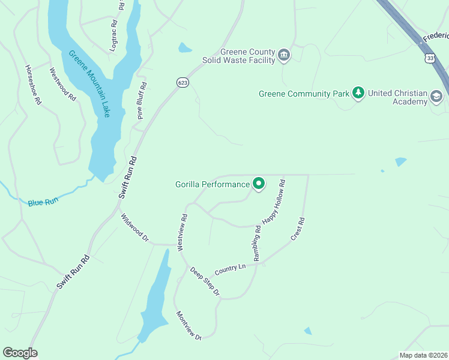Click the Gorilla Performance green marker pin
(x=259, y=184)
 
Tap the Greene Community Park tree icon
(x=358, y=93)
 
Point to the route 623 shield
(x=183, y=82)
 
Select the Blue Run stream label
(x=42, y=203)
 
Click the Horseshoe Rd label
(x=33, y=85)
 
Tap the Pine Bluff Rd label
(x=142, y=100)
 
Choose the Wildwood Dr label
(x=134, y=227)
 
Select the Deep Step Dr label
(x=205, y=281)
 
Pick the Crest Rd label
(x=298, y=229)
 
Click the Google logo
(x=20, y=353)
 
